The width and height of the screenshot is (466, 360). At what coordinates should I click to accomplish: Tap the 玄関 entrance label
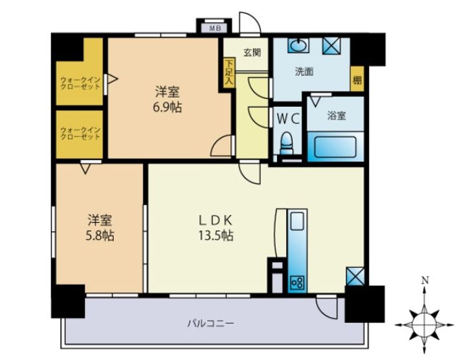tap(252, 52)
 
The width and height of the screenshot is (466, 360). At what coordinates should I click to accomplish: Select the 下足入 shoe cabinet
tap(229, 73)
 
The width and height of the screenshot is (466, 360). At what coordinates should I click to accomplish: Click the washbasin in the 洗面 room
tap(298, 45)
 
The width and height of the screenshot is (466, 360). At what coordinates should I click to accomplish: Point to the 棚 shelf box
tap(357, 79)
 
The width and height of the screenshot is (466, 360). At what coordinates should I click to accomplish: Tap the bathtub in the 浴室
tap(335, 147)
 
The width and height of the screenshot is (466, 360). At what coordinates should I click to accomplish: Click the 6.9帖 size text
tap(168, 107)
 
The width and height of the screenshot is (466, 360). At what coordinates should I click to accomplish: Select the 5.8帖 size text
tap(100, 236)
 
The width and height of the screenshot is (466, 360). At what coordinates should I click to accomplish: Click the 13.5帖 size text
tap(216, 236)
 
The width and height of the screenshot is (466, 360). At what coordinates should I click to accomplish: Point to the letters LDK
tap(216, 220)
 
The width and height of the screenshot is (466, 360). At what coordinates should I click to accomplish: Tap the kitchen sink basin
tap(297, 221)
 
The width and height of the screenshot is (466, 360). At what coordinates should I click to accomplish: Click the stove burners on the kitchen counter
tap(297, 283)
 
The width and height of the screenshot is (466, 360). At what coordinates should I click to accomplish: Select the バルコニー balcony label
tap(210, 323)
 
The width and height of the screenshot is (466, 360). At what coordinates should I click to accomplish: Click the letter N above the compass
tap(426, 280)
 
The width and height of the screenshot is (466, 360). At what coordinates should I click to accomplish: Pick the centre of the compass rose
tap(424, 325)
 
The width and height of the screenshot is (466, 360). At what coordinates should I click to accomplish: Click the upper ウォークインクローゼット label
tap(80, 84)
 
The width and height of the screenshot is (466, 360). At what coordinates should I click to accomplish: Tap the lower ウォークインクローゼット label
tap(80, 133)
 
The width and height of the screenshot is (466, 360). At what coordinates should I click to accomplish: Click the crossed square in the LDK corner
tap(355, 276)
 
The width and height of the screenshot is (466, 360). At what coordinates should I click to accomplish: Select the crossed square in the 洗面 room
tap(331, 45)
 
